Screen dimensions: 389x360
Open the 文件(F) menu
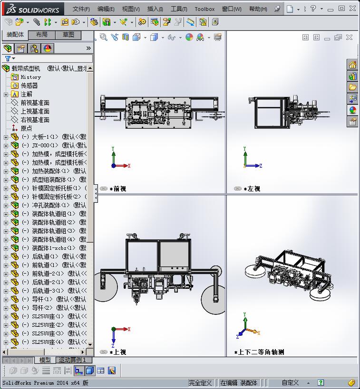(x=81, y=9)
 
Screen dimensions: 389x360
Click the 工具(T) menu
(x=179, y=9)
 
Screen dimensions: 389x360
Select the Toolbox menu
(x=204, y=9)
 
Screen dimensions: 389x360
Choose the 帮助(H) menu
(x=258, y=9)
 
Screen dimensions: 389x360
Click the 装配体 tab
(x=15, y=35)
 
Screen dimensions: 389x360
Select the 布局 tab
(x=42, y=35)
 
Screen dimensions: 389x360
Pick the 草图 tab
(x=68, y=35)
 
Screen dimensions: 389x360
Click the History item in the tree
(x=30, y=77)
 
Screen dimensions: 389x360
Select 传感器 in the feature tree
(x=29, y=85)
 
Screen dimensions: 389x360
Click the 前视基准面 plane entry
(x=35, y=103)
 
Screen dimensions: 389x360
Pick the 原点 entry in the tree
(x=26, y=128)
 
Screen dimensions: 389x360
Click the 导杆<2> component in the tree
(x=42, y=308)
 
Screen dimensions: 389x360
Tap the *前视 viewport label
(x=118, y=189)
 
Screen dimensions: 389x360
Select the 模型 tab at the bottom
(x=45, y=360)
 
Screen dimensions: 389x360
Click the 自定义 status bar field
(x=290, y=383)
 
